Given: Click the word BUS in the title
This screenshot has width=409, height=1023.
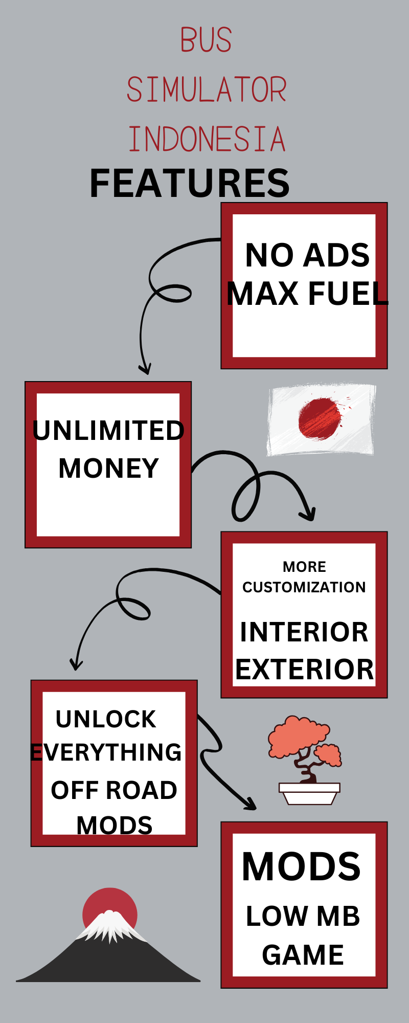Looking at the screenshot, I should (206, 40).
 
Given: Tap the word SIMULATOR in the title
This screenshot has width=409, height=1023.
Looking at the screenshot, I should (206, 90).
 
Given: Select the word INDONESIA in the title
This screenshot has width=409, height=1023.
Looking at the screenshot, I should (206, 139).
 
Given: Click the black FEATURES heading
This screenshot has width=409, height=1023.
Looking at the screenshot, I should (189, 183).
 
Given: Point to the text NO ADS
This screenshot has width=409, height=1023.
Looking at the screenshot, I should (307, 255).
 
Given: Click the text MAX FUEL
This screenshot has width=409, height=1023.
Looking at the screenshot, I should (307, 294).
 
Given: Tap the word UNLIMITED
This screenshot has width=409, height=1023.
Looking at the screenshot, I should (108, 430).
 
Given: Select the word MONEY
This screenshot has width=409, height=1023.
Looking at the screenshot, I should (108, 468).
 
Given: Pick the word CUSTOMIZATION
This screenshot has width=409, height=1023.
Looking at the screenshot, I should (304, 587).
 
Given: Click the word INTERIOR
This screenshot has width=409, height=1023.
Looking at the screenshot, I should (304, 632).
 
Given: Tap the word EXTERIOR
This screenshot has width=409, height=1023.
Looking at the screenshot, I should (304, 669).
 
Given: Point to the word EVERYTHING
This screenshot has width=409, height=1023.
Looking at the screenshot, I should (106, 752).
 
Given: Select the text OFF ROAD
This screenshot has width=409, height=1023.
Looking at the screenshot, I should (114, 790).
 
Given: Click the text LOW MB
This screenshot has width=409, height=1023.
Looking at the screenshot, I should (303, 916).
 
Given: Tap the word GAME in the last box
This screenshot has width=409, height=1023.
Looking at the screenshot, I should (303, 954).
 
